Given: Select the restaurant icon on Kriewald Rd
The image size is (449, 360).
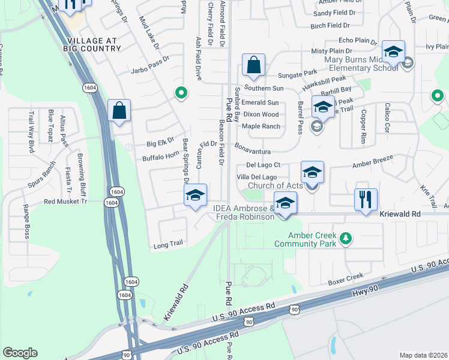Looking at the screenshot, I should coord(366,199).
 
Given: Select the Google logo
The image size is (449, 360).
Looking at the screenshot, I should coord(20,353).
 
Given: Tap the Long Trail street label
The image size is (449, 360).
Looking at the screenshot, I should coord(167,245).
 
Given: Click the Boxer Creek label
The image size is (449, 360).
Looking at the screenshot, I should coord(346,277).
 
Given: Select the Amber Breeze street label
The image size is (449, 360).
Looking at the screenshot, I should coord(372,161).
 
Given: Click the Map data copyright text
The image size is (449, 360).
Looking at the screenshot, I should coord(424,355).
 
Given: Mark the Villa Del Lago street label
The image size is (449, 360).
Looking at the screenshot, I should coord(256,177).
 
